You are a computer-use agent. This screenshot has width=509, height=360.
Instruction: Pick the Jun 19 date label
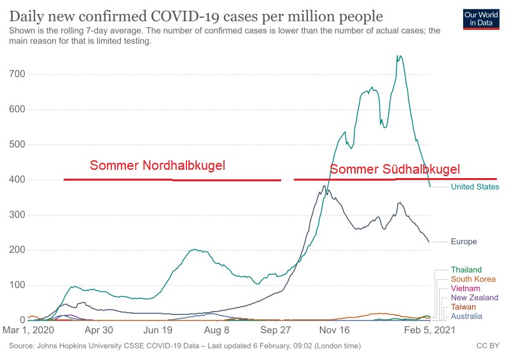pos(158,330)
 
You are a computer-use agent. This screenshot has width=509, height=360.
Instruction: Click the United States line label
pos(475,187)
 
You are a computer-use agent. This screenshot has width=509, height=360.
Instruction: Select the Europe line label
pos(463,242)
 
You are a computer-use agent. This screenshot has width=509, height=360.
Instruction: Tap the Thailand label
pos(466,270)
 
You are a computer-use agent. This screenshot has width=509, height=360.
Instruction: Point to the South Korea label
pos(473,279)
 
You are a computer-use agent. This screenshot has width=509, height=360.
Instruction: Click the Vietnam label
pos(465,288)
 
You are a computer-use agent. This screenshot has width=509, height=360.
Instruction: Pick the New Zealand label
pos(474,298)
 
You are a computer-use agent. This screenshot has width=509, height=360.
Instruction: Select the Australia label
pos(466,316)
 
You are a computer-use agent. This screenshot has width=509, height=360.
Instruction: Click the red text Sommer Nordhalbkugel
pos(157,166)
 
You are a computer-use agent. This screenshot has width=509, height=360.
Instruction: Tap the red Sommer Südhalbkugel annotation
pos(394,169)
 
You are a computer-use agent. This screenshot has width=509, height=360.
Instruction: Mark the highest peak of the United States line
pos(398,56)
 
